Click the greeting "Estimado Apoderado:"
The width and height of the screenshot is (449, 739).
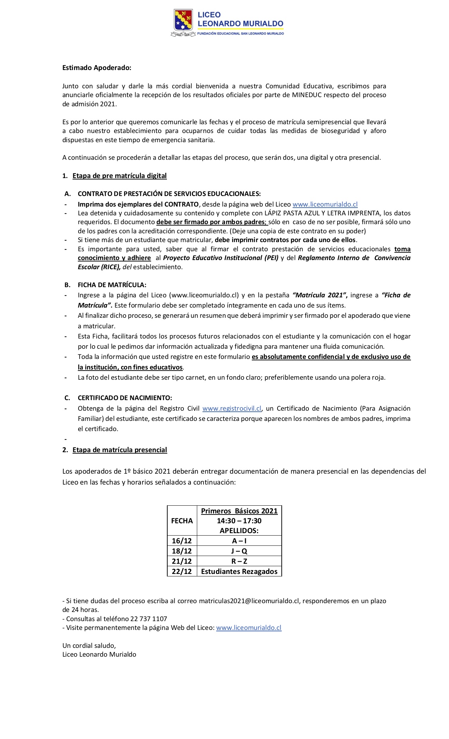tap(96, 68)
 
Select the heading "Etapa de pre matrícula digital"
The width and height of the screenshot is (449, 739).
tap(119, 176)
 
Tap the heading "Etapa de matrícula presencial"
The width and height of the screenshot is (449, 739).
tap(120, 450)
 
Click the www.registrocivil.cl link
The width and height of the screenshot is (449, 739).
tap(232, 409)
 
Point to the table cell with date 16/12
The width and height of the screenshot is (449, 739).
tap(182, 541)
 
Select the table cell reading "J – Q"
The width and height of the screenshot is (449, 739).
tap(239, 551)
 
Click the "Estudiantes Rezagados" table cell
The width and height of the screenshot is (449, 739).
tap(239, 571)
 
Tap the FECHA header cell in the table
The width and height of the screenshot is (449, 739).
tap(182, 521)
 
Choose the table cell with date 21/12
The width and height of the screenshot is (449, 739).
tap(182, 561)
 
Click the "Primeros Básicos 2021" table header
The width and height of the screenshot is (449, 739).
tap(239, 511)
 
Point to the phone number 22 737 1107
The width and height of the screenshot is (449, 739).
tap(149, 619)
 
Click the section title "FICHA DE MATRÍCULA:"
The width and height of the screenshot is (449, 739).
tap(112, 285)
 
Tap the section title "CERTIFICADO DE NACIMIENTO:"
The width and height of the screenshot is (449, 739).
tap(125, 398)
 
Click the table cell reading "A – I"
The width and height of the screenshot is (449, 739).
tap(239, 541)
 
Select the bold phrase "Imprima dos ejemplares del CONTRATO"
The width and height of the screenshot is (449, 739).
tap(138, 204)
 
